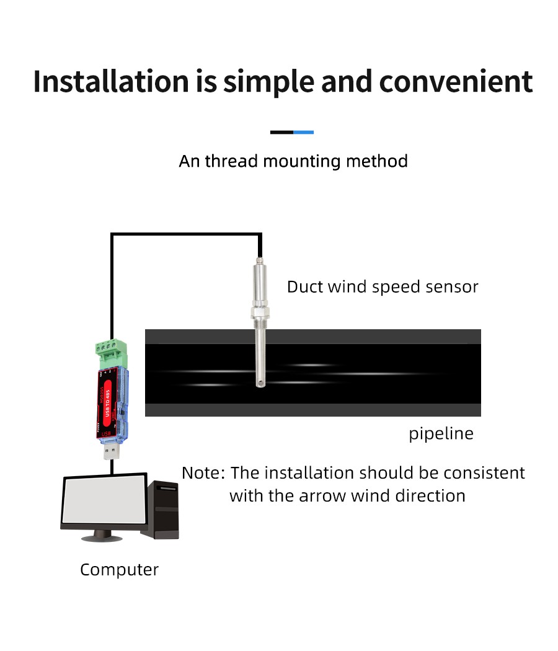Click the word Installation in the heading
click(110, 82)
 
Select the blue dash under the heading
click(303, 132)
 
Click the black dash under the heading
click(281, 132)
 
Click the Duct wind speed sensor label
click(383, 286)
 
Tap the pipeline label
click(441, 433)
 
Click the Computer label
click(119, 569)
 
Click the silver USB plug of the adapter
click(112, 449)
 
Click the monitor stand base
click(102, 536)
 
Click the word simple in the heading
click(268, 82)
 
